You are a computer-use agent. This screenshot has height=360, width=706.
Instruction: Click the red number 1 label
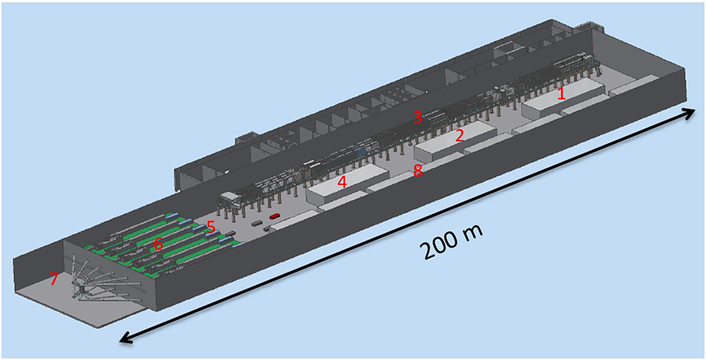click(561, 94)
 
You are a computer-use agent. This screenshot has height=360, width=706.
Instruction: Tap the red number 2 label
click(459, 135)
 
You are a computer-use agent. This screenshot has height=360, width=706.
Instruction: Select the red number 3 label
click(418, 117)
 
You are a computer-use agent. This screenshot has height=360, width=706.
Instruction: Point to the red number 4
click(342, 182)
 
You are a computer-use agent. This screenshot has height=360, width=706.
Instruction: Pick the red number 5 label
click(211, 226)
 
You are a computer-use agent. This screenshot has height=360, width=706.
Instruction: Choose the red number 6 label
click(158, 244)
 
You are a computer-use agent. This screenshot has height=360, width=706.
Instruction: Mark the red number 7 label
click(54, 280)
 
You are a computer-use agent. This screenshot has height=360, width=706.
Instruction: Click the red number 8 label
click(418, 170)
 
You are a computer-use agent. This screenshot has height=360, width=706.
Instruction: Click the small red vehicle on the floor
click(275, 216)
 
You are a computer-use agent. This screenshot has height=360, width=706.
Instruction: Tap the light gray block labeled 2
click(455, 141)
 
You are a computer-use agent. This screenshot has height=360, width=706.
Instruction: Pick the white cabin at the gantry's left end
click(230, 197)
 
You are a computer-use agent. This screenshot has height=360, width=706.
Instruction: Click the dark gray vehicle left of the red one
click(256, 222)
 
